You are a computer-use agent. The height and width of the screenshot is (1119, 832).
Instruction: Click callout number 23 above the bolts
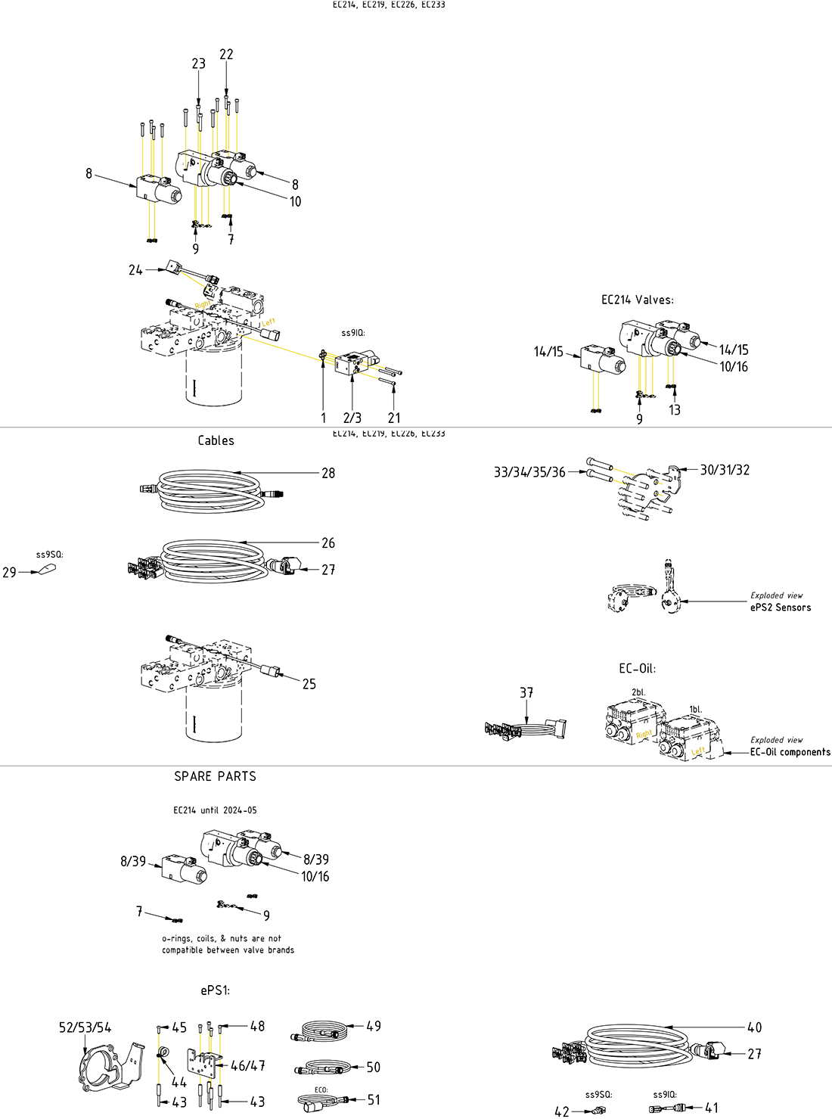198,64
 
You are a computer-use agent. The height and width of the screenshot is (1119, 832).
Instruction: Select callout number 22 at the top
226,54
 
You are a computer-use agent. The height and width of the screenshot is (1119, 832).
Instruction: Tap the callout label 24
135,270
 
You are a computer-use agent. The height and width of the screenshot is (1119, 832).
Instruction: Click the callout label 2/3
352,418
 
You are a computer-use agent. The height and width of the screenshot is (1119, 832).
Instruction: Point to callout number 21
394,418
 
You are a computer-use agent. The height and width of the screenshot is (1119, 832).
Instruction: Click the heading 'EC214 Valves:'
637,300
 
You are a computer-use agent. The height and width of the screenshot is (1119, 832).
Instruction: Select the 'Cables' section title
216,440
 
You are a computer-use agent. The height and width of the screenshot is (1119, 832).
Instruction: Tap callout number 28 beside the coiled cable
328,473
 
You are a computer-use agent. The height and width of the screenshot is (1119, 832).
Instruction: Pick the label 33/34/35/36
529,472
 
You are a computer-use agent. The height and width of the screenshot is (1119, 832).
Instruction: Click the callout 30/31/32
725,470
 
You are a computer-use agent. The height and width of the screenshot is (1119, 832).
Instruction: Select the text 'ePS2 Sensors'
780,608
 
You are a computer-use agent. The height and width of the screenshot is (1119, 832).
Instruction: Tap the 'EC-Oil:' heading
637,669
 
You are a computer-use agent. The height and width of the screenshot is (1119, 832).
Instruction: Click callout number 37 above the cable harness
526,692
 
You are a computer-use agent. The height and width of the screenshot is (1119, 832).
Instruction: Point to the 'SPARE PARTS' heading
215,776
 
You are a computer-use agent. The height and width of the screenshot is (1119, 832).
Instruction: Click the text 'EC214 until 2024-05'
215,810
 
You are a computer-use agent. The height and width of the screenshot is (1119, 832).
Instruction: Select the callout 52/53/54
85,1027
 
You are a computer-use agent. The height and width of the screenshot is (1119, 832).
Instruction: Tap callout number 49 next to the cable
374,1027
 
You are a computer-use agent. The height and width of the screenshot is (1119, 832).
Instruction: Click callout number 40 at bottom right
754,1027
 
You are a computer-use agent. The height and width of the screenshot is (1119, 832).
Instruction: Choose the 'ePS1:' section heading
215,990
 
